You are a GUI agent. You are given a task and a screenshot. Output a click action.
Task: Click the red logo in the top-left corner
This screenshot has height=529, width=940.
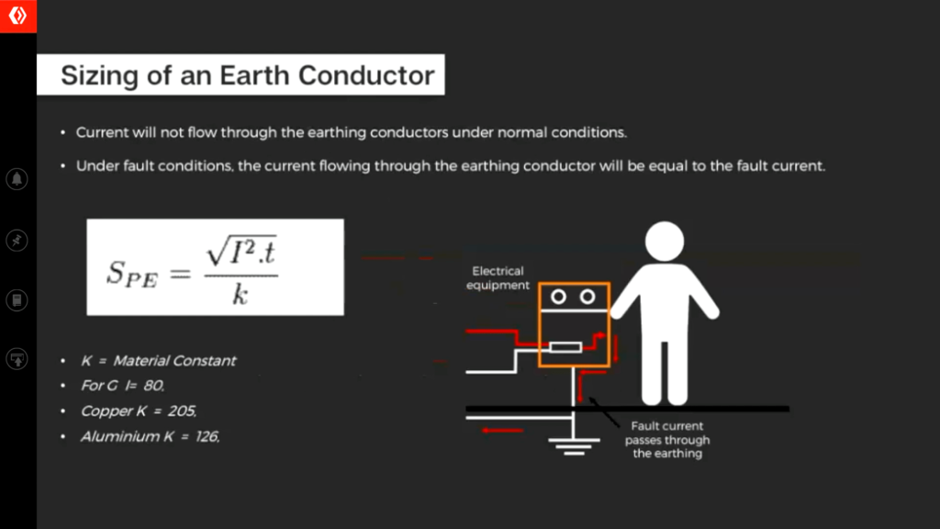[x=18, y=17]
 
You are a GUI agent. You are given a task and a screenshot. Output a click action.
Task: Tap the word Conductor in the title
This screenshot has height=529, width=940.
[x=366, y=75]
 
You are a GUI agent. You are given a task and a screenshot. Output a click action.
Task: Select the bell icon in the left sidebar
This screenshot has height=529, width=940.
[x=17, y=179]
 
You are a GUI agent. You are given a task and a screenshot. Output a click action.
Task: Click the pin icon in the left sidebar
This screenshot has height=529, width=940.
[x=17, y=241]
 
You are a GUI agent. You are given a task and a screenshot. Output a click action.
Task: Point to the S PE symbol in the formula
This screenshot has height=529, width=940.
[x=132, y=274]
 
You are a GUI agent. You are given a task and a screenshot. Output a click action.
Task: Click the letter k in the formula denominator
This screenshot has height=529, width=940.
[x=240, y=294]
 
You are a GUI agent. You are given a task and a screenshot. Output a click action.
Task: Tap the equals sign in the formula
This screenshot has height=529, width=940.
[x=180, y=274]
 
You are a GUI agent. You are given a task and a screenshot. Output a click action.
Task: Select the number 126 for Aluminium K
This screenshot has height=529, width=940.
[x=207, y=436]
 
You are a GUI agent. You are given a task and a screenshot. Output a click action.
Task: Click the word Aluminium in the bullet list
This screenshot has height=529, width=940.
[x=120, y=436]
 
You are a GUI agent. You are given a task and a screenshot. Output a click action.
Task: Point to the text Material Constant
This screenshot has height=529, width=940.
[x=174, y=360]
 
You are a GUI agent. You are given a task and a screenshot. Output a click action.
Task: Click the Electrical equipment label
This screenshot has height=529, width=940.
[x=498, y=278]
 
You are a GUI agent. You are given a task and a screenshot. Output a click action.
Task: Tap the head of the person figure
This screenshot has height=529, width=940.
[x=665, y=242]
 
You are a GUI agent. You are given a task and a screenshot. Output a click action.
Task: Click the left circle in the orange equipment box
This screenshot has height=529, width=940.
[x=558, y=297]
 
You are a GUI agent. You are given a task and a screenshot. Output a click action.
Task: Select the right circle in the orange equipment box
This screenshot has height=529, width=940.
[x=587, y=297]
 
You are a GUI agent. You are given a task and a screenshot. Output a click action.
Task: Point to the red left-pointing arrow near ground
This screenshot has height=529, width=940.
[x=502, y=430]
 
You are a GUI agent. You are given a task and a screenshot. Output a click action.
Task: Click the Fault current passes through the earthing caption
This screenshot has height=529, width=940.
[x=667, y=440]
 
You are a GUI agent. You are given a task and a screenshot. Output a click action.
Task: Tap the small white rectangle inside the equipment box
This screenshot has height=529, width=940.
[x=565, y=346]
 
